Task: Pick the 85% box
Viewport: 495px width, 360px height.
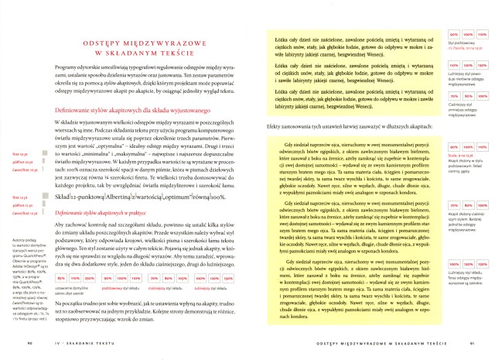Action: click(61, 277)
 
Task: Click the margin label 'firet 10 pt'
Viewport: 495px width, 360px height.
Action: click(22, 155)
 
